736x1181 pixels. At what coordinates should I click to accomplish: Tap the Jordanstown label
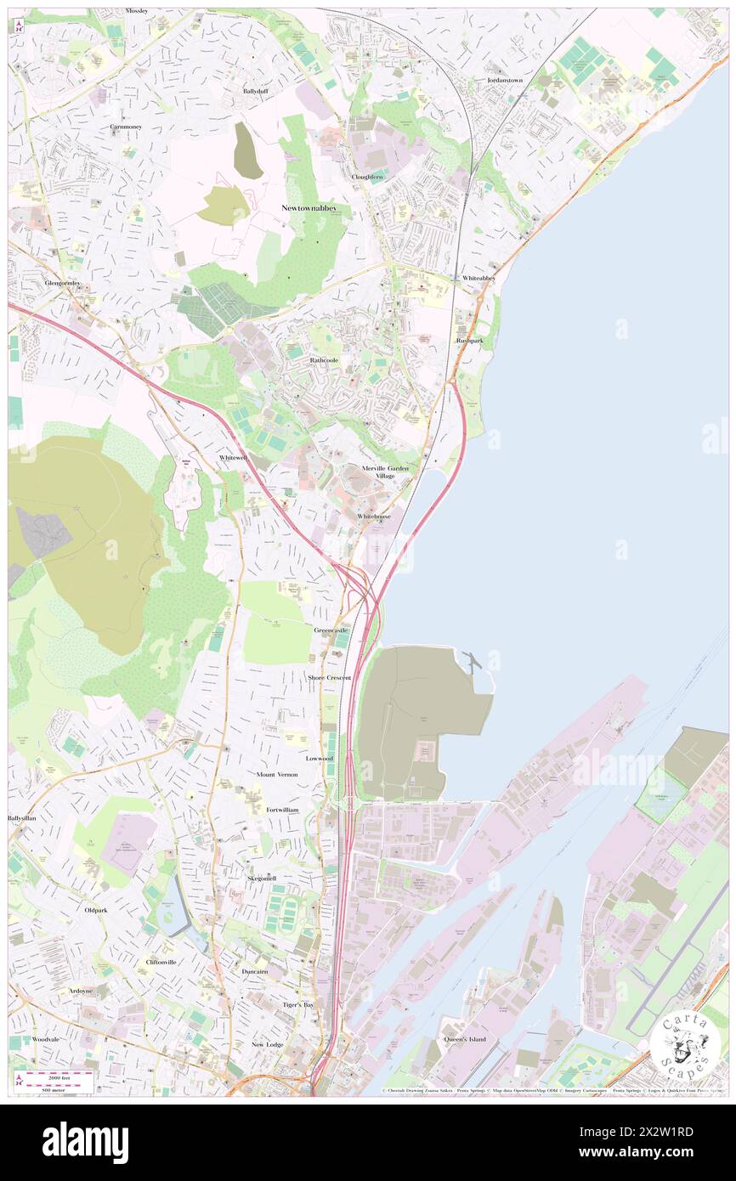pos(504,80)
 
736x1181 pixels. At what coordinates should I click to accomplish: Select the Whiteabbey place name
pos(478,278)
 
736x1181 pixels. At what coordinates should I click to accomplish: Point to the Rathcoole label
pos(324,360)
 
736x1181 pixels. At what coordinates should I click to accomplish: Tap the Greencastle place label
pos(331,630)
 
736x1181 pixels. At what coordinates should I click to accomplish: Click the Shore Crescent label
pos(329,678)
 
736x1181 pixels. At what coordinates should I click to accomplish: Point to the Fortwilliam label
pos(282,810)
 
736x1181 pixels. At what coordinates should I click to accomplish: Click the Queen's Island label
pos(465,1039)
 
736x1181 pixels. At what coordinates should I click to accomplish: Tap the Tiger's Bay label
pos(298,1004)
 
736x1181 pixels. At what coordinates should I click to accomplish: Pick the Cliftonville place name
pos(161,962)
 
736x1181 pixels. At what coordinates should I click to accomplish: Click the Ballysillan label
pos(22,818)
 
